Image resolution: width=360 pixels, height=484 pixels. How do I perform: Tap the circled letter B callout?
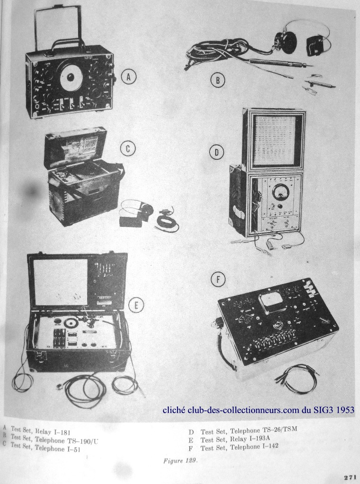point(218,80)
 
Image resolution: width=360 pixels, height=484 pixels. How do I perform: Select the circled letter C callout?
point(128,149)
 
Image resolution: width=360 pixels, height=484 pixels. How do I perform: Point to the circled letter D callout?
point(217,152)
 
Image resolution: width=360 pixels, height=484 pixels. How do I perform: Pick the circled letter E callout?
point(136,305)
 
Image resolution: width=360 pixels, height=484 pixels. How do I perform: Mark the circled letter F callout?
point(218,280)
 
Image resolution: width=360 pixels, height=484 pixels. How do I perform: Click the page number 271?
point(351,477)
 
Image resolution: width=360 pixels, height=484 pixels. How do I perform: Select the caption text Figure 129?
point(180,461)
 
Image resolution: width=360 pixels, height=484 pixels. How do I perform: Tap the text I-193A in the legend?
point(260,439)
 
